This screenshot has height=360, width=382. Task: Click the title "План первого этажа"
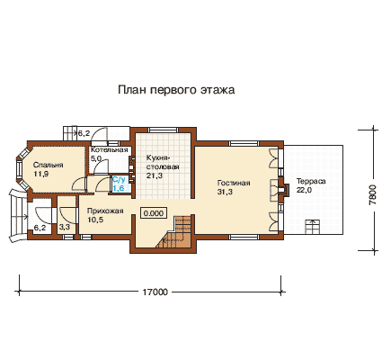click(176, 90)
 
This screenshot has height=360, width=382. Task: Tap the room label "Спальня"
click(48, 165)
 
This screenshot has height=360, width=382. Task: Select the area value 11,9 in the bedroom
click(40, 174)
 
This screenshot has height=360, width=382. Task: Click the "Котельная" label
click(110, 150)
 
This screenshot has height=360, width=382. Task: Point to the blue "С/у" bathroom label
click(119, 180)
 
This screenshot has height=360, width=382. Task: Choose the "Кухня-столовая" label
click(163, 162)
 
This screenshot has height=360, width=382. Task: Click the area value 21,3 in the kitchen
click(155, 175)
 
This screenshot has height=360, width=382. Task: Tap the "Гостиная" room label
click(234, 183)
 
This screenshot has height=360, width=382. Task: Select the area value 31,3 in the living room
click(225, 192)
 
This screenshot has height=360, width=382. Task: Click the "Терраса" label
click(311, 182)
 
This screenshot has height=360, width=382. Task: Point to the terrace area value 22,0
click(305, 190)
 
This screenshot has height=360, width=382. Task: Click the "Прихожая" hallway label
click(105, 211)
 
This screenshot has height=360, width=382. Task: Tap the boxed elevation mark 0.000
click(154, 213)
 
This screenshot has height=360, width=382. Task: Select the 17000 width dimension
click(155, 292)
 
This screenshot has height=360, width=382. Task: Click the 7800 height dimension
click(373, 194)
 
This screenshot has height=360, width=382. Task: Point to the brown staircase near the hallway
click(177, 231)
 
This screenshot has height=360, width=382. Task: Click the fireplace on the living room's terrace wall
click(283, 189)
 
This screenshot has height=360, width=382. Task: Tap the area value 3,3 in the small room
click(64, 228)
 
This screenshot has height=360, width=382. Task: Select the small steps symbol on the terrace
click(312, 227)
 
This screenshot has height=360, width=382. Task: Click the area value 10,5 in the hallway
click(95, 220)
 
